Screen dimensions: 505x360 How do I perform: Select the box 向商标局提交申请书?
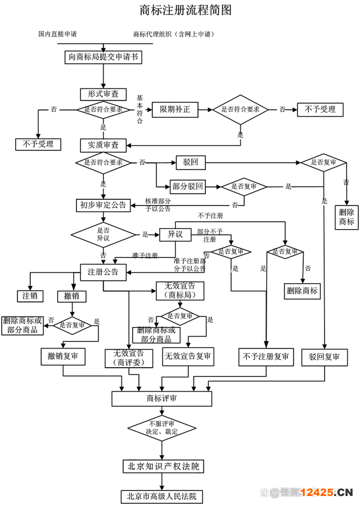[103, 56]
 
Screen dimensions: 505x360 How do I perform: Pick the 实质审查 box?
[103, 145]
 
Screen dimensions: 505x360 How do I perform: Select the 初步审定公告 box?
[103, 205]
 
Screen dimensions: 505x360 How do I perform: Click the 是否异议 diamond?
[103, 234]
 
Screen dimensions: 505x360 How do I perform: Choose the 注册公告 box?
[103, 272]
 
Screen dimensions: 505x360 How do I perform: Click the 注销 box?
[30, 296]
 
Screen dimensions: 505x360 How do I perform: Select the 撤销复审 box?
[62, 356]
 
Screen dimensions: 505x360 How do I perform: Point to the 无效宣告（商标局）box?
[179, 291]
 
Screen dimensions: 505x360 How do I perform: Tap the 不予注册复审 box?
[265, 356]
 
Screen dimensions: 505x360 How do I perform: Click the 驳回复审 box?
[324, 357]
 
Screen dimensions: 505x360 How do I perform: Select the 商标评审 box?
[161, 398]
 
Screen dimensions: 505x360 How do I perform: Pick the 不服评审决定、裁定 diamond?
[161, 427]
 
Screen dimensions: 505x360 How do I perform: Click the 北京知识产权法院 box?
[161, 466]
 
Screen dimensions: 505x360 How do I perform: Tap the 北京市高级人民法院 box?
[161, 496]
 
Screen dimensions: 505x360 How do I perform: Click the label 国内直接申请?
[57, 34]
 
